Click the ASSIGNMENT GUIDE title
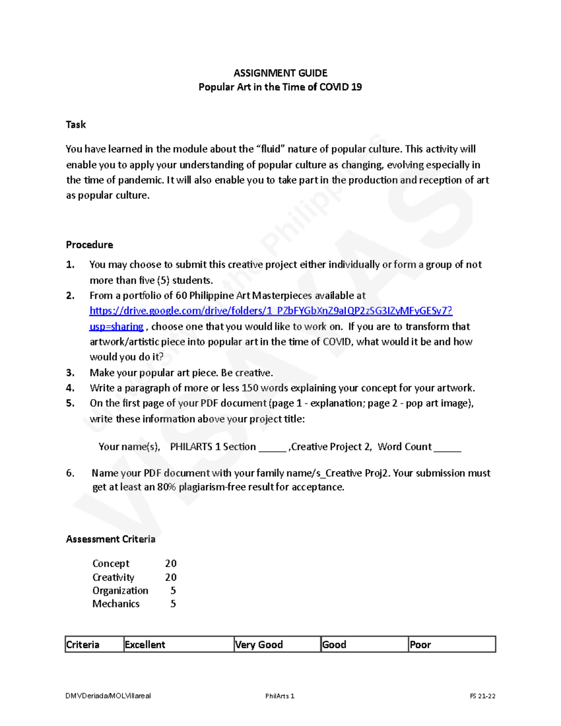click(x=280, y=73)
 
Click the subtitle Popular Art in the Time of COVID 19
click(x=280, y=87)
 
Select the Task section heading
click(x=76, y=124)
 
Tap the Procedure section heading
click(x=89, y=244)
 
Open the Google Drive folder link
click(x=271, y=311)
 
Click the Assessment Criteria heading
click(x=110, y=539)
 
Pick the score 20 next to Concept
click(x=171, y=563)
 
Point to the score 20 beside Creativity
click(x=171, y=577)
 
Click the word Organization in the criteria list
click(x=120, y=590)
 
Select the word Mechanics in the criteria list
click(x=116, y=604)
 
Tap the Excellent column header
click(x=145, y=645)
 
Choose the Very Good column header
click(x=259, y=645)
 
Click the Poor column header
click(x=420, y=645)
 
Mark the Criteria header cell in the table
click(x=83, y=645)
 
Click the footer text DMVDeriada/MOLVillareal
click(x=108, y=696)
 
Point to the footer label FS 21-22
click(x=482, y=696)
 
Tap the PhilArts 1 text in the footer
click(x=280, y=696)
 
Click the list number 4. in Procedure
click(x=70, y=388)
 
